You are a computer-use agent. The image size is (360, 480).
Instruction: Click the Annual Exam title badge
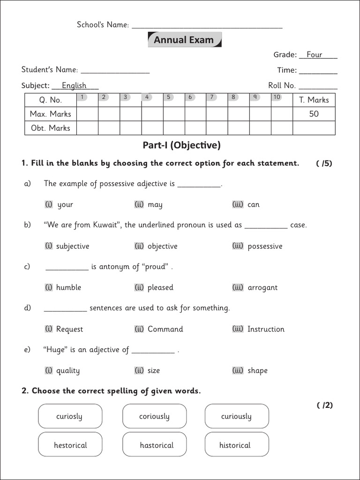tap(184, 40)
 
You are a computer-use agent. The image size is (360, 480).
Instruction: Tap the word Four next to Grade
tap(314, 55)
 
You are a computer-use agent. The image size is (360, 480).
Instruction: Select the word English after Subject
tap(74, 85)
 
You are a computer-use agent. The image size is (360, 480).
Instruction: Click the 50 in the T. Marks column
tap(314, 114)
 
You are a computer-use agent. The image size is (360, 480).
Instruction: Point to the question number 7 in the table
tap(212, 97)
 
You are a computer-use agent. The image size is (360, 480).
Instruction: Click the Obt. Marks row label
tap(50, 128)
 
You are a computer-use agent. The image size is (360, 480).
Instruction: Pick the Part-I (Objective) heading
tap(181, 145)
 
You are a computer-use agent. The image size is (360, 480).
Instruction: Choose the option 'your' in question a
tap(65, 204)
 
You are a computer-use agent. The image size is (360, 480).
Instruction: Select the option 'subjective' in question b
tap(72, 246)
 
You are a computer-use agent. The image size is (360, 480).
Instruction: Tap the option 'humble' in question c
tap(68, 287)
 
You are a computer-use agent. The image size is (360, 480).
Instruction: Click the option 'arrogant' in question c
tap(262, 287)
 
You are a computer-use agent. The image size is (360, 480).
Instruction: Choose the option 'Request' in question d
tap(69, 329)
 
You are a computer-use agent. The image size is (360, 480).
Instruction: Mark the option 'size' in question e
tap(154, 370)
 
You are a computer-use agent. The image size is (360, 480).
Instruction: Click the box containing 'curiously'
tap(237, 416)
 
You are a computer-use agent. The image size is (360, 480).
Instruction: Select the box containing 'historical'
tap(235, 445)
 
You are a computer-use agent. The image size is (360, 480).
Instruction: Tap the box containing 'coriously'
tap(154, 416)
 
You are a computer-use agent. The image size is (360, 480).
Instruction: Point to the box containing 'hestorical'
tap(70, 445)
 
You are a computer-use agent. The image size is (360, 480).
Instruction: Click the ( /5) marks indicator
tap(324, 164)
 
